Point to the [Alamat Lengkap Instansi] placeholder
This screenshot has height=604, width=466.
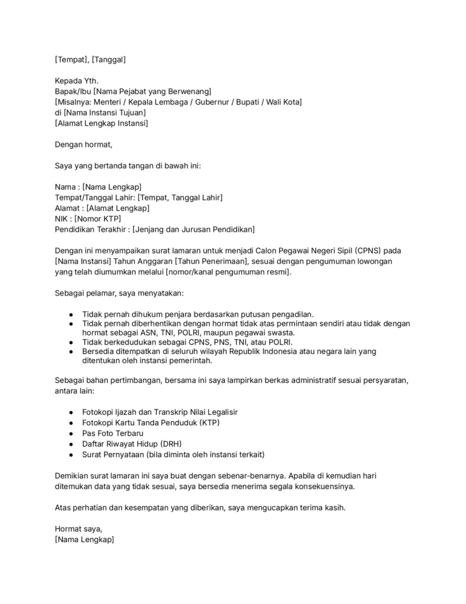point(101,123)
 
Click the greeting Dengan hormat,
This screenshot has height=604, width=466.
point(83,145)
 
